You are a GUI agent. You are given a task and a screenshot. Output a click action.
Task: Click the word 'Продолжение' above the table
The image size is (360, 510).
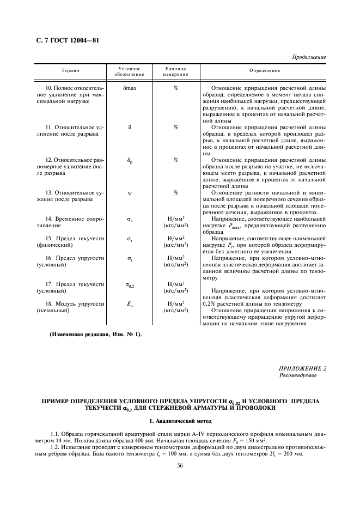[309, 57]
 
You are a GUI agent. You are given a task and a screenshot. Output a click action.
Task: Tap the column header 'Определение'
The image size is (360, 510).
[265, 71]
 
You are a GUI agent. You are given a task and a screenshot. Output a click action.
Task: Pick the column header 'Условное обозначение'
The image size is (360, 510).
[130, 71]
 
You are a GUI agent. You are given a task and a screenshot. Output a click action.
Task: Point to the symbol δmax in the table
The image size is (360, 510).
[130, 88]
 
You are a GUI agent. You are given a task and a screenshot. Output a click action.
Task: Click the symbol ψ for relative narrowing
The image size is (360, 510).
[130, 192]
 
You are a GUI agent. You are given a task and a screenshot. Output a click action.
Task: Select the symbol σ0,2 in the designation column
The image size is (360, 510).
[130, 284]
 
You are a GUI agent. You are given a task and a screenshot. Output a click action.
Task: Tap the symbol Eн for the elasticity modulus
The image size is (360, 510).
[130, 303]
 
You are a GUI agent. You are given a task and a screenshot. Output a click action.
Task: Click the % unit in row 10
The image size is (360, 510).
[176, 88]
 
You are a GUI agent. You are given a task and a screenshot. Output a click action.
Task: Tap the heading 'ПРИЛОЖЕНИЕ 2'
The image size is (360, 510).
[302, 369]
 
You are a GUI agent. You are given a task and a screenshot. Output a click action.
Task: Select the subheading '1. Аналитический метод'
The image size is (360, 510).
[180, 421]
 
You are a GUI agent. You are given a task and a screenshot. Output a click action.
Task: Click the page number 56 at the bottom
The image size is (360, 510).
[180, 465]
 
